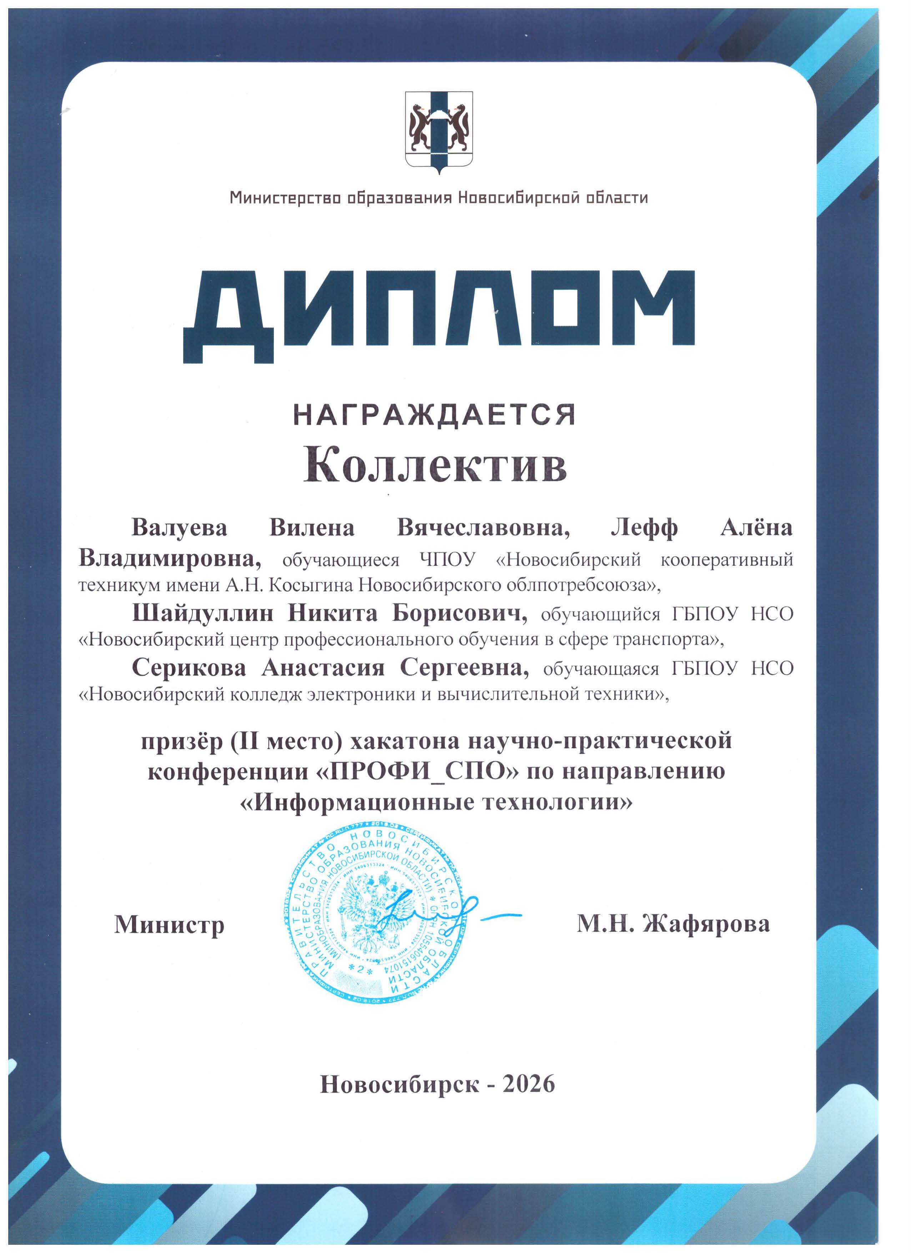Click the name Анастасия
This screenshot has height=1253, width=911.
pos(323,668)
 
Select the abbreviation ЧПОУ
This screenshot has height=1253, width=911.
pos(448,560)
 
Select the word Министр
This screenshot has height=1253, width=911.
pos(170,924)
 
